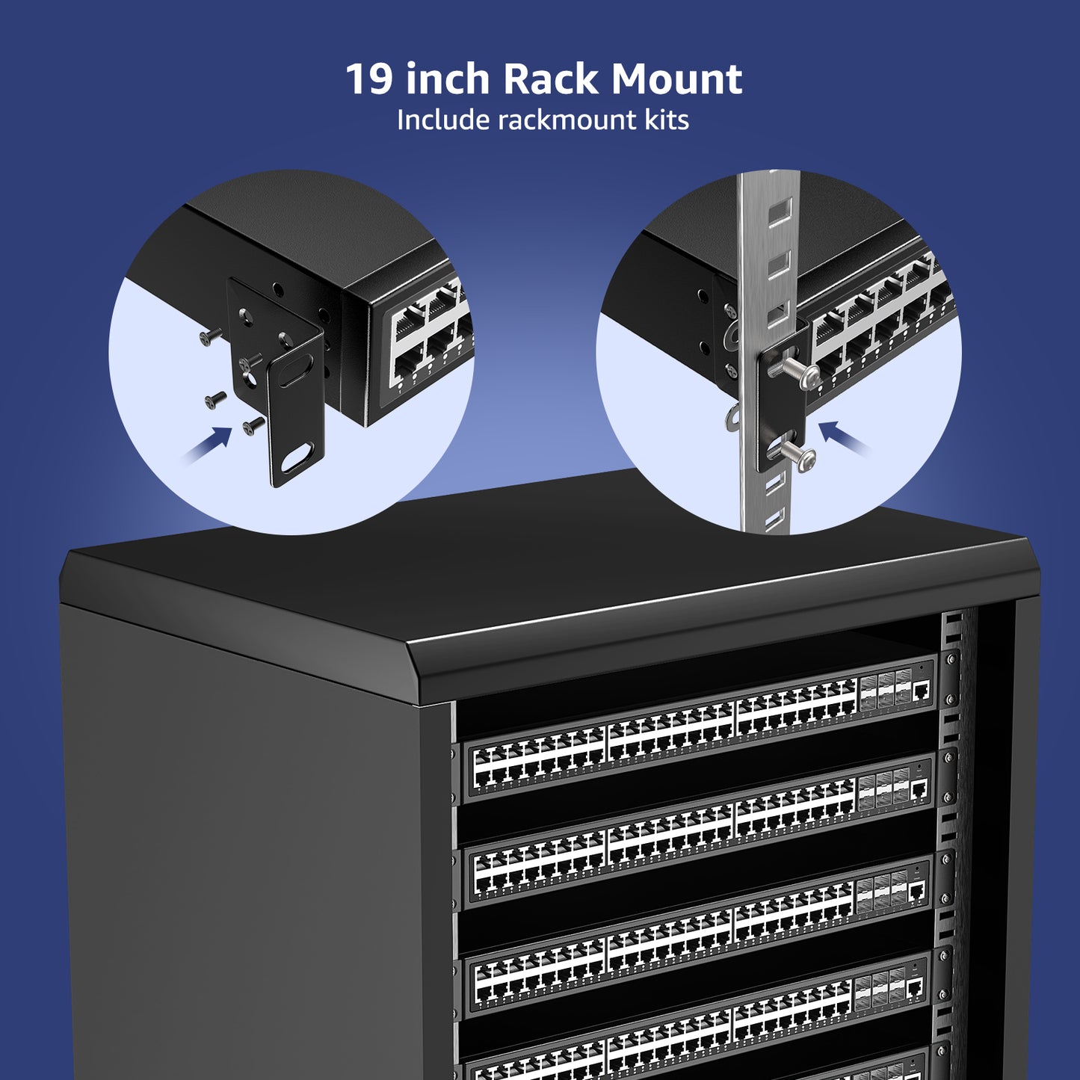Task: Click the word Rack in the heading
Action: coord(551,78)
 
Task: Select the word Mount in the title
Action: coord(677,79)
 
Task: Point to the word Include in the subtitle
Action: coord(443,120)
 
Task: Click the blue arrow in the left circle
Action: coord(206,445)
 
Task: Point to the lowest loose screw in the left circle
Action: coord(253,425)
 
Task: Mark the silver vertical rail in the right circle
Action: coord(765,351)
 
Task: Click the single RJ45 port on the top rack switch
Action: coord(922,691)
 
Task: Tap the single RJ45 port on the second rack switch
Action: coord(918,789)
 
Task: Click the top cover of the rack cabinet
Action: coord(549,566)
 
